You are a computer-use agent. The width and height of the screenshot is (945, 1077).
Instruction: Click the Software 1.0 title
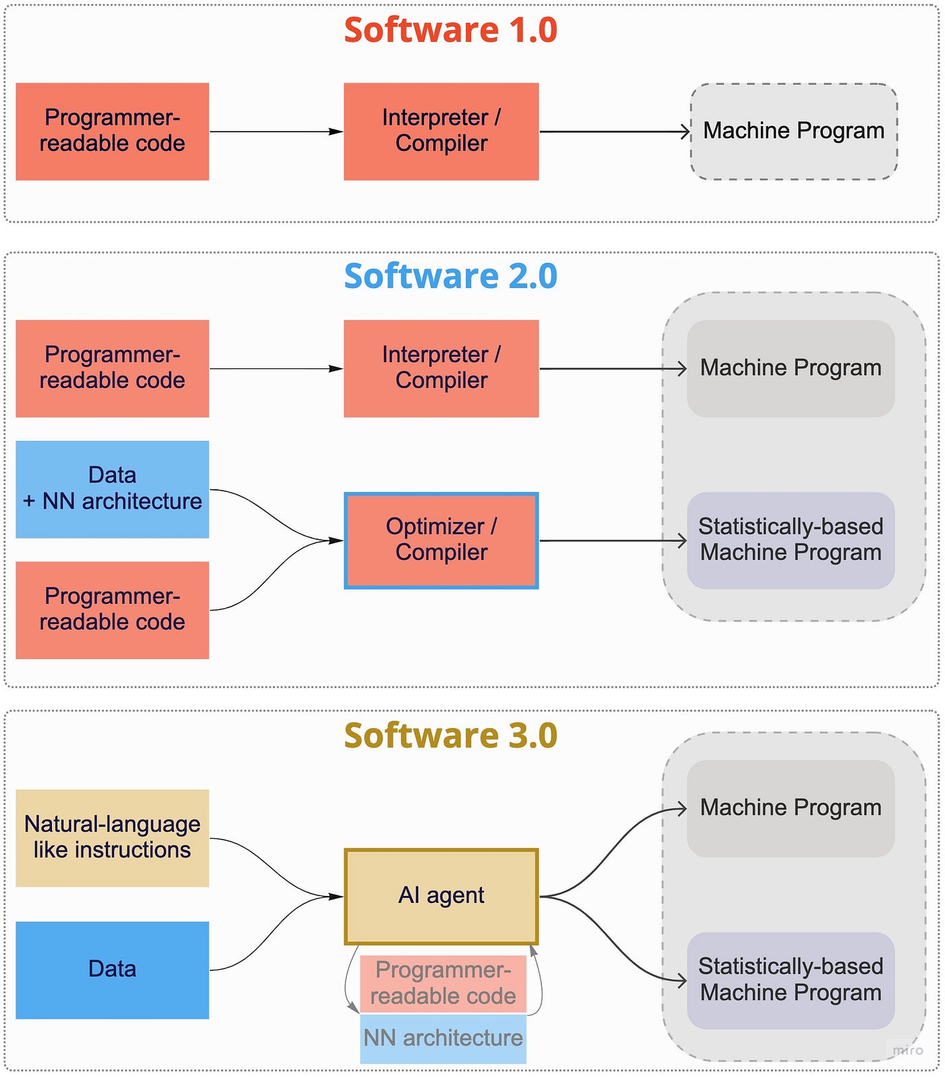(x=450, y=30)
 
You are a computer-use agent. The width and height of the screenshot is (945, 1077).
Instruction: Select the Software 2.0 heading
(x=450, y=276)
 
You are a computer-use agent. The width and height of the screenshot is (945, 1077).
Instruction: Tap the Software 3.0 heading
(x=450, y=736)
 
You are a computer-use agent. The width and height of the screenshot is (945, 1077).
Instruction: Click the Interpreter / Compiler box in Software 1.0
(x=441, y=132)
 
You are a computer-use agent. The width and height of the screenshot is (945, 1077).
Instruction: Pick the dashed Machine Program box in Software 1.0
(x=793, y=132)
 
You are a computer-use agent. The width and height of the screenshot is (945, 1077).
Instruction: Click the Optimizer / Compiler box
(x=441, y=540)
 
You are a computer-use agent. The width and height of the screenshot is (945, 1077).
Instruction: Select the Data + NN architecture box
(x=112, y=489)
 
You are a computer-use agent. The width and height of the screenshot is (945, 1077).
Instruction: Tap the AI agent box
(x=441, y=895)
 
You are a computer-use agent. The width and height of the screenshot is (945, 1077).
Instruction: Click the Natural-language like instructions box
(x=112, y=837)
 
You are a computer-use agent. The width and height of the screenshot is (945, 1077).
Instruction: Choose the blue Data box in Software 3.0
(x=112, y=970)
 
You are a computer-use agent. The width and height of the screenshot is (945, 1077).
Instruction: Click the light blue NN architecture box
(x=443, y=1039)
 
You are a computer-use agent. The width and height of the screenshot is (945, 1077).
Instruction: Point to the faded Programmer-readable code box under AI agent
(x=443, y=983)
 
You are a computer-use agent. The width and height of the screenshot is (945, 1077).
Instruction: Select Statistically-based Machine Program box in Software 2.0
(x=790, y=540)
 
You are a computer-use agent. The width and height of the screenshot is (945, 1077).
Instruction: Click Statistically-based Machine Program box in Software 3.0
(x=790, y=980)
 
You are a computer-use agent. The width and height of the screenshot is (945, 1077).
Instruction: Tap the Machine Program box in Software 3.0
(x=790, y=808)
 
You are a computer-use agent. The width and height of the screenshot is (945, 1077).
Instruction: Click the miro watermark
(x=907, y=1050)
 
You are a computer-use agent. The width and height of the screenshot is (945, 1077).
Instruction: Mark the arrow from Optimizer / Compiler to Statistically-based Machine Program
(x=611, y=541)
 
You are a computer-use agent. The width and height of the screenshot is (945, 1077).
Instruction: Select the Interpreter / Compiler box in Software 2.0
(x=441, y=368)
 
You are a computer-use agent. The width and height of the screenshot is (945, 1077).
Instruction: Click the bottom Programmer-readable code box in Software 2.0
(x=112, y=609)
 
